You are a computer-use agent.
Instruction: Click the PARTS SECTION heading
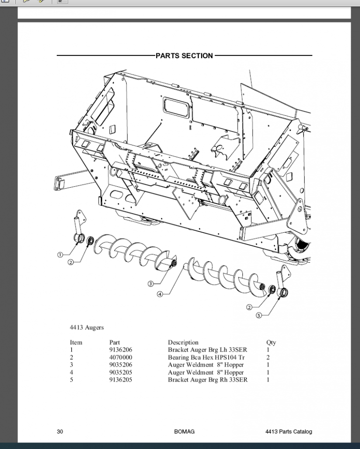[184, 56]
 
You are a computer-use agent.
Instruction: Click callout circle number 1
[60, 254]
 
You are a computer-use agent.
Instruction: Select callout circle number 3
[150, 284]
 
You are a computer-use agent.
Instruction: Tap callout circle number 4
[160, 294]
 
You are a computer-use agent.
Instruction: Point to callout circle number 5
[259, 315]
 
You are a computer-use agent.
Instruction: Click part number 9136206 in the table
[120, 350]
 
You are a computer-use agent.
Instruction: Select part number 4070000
[120, 358]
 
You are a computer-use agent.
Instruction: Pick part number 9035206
[120, 365]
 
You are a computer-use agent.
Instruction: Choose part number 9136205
[120, 380]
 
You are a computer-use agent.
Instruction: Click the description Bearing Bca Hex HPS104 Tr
[206, 358]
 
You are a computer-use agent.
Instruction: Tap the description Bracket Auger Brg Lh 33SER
[207, 350]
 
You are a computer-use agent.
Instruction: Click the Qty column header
[271, 342]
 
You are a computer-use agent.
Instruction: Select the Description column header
[183, 342]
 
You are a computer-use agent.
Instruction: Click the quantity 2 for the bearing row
[268, 358]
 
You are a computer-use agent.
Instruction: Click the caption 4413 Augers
[87, 327]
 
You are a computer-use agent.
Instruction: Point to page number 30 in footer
[60, 432]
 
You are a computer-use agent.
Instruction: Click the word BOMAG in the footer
[184, 432]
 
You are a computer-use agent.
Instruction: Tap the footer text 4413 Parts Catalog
[288, 432]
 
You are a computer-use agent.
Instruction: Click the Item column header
[76, 342]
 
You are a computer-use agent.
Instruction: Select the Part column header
[114, 342]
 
